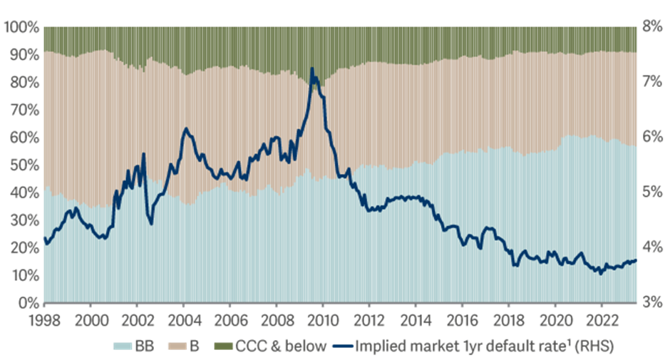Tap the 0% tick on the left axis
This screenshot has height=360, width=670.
pos(22,303)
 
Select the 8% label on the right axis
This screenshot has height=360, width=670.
pos(654,28)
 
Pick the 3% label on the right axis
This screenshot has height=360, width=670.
pos(654,302)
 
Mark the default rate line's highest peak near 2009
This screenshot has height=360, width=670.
pos(311,69)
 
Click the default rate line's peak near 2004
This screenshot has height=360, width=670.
pos(185,128)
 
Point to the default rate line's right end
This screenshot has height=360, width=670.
pos(636,260)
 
